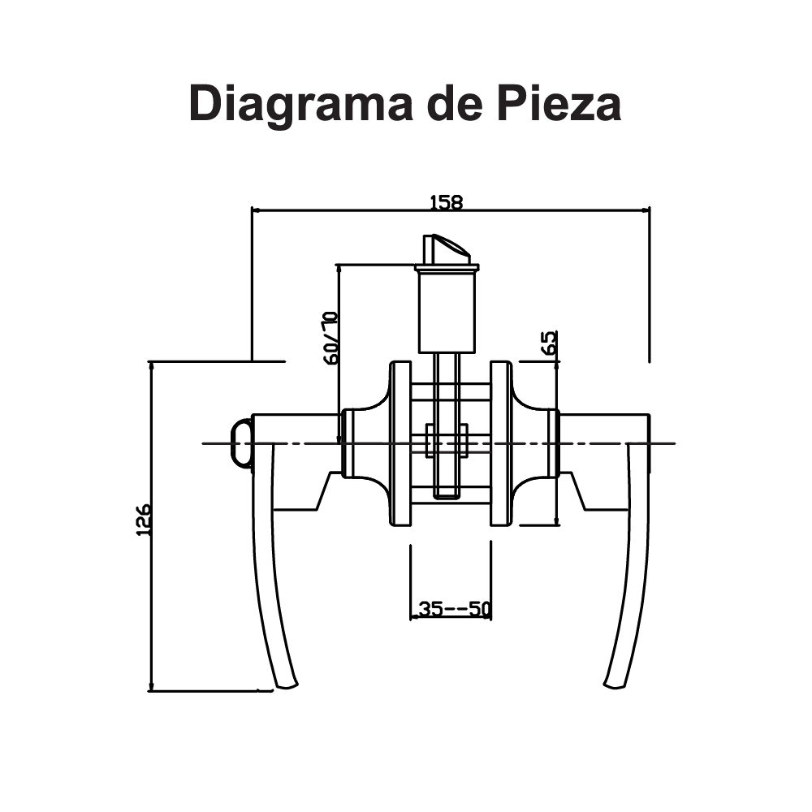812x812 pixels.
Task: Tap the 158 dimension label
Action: click(446, 201)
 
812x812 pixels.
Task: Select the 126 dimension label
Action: click(143, 520)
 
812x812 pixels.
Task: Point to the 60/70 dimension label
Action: click(330, 337)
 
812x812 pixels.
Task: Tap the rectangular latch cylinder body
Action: click(445, 310)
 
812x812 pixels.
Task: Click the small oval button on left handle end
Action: click(240, 443)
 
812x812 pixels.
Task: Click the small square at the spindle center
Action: click(446, 443)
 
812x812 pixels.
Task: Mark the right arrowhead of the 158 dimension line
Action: click(646, 209)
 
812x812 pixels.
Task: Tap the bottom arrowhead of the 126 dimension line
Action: click(152, 688)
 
